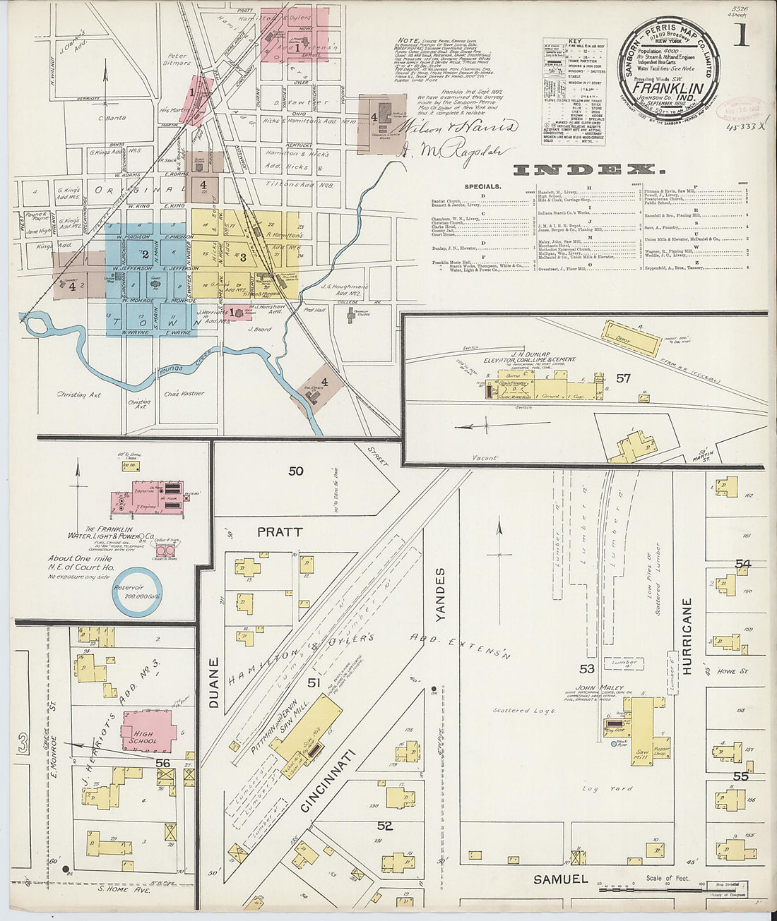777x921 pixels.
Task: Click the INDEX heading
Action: pos(588,169)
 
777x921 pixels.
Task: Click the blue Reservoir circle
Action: pos(138,591)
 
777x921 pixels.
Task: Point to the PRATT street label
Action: pos(280,532)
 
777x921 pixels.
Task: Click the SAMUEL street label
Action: pos(560,879)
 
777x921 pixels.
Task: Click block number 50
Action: pos(295,471)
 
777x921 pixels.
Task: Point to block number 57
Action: pos(622,378)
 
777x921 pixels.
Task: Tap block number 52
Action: pos(384,825)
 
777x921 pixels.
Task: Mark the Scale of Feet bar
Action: pos(650,884)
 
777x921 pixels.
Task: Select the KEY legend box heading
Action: pos(573,42)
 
